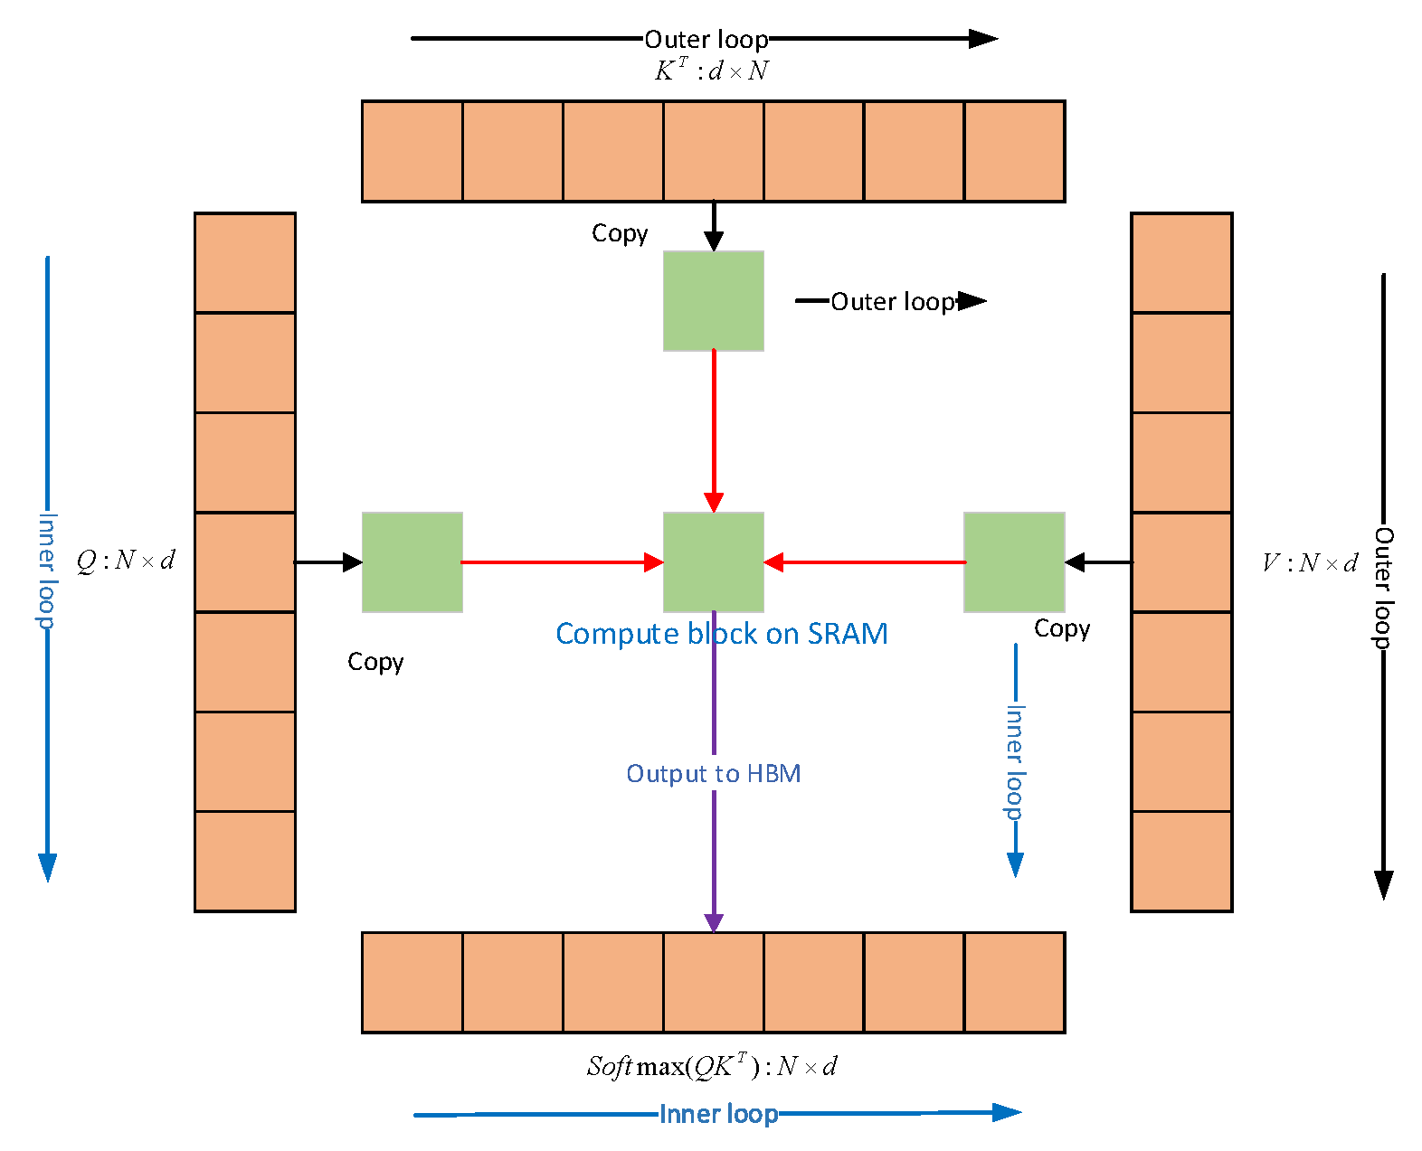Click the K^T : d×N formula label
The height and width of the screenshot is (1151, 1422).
(x=711, y=71)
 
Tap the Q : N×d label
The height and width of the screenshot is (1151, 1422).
(x=126, y=561)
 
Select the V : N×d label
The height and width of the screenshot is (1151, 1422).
(x=1309, y=563)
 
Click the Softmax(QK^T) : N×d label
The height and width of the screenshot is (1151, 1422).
(x=712, y=1066)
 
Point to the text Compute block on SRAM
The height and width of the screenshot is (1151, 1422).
(x=721, y=634)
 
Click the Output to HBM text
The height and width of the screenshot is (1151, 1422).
(x=713, y=774)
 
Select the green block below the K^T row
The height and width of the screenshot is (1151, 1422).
(x=713, y=301)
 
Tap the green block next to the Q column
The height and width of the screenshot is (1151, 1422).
(x=412, y=562)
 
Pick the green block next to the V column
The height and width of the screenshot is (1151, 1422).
(x=1014, y=562)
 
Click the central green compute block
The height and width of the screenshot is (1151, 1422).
(x=713, y=562)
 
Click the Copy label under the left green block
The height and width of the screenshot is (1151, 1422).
(x=375, y=662)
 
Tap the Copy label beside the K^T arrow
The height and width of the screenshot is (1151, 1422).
(x=620, y=233)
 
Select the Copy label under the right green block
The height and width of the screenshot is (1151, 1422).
(x=1062, y=628)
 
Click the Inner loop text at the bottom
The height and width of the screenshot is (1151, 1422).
(x=718, y=1114)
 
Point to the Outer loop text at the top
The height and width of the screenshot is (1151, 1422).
(x=706, y=40)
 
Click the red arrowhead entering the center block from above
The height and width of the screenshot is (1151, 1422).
(x=714, y=503)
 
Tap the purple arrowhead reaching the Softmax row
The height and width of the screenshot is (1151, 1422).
(x=714, y=922)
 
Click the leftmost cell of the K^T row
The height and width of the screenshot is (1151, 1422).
(x=412, y=151)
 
